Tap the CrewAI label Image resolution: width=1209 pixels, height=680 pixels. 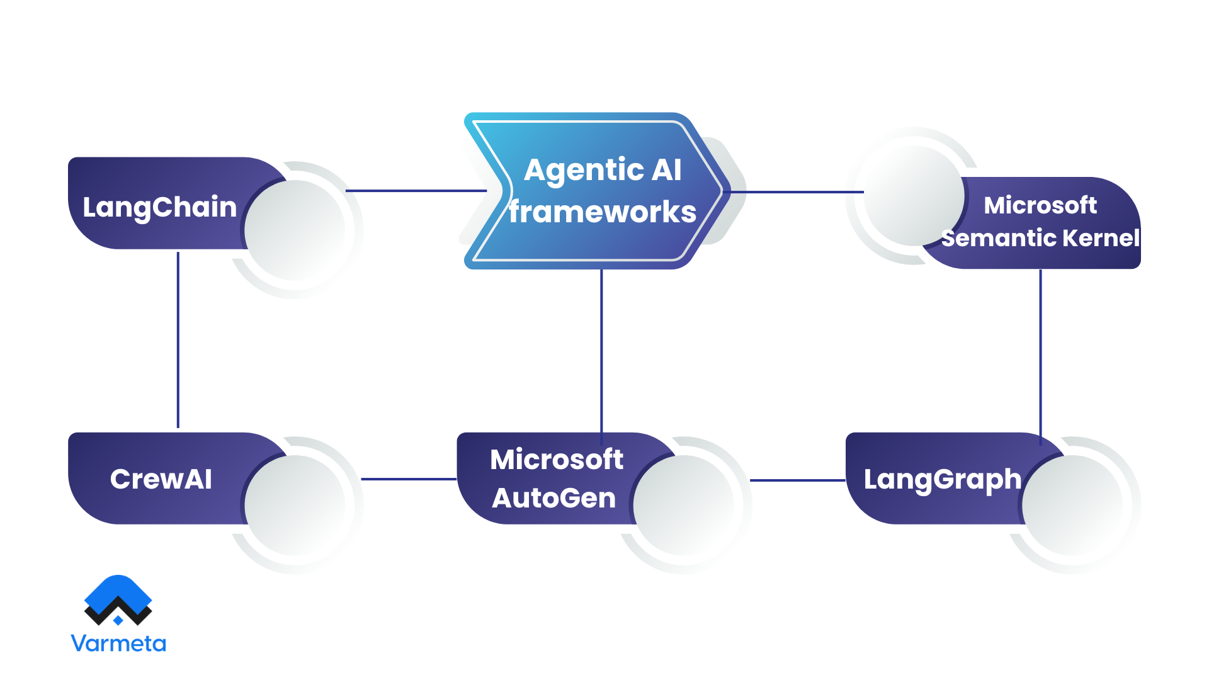click(161, 479)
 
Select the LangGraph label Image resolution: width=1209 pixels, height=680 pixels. click(942, 480)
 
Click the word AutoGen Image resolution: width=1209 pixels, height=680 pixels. click(554, 498)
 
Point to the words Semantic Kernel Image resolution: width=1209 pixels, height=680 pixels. click(1040, 238)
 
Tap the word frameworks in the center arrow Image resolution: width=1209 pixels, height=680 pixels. click(603, 212)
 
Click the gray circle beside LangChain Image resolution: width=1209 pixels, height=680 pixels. click(295, 230)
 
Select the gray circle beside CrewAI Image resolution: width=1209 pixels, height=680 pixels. click(295, 506)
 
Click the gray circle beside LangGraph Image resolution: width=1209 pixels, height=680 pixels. click(1073, 506)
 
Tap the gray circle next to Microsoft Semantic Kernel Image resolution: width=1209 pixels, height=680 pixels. click(912, 196)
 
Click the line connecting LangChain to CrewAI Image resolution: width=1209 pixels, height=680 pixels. click(178, 340)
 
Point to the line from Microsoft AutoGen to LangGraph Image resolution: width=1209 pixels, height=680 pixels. click(797, 480)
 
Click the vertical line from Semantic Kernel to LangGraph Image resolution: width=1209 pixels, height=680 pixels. click(1040, 353)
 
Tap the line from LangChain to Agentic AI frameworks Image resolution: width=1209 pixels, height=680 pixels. click(416, 191)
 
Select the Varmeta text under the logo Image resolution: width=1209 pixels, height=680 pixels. click(118, 643)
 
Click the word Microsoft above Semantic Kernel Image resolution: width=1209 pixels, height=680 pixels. click(1040, 205)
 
